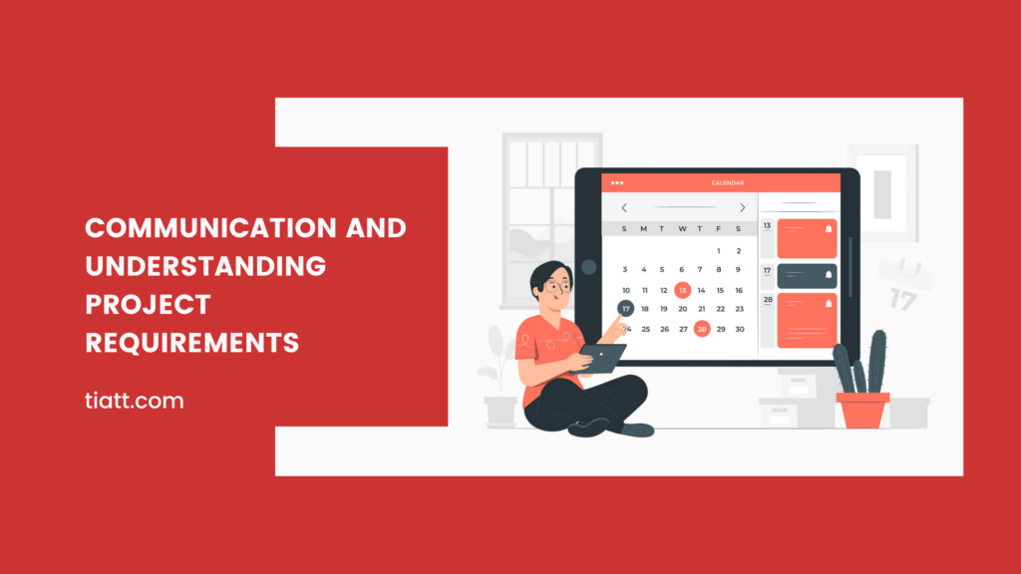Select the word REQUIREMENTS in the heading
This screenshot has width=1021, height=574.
click(192, 344)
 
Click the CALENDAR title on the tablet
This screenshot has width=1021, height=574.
click(727, 183)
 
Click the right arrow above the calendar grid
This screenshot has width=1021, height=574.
click(742, 208)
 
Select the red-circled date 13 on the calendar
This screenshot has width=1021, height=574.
click(682, 290)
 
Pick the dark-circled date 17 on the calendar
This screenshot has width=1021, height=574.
click(625, 309)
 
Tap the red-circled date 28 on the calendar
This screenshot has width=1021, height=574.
click(702, 329)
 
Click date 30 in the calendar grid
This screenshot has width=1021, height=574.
click(739, 329)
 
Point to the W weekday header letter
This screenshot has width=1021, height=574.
click(682, 229)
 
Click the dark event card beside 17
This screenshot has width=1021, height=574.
click(806, 275)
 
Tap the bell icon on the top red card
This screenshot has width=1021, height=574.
click(827, 229)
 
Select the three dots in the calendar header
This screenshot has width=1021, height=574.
click(617, 182)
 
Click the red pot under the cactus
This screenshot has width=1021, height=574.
click(862, 410)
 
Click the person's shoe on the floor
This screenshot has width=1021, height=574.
click(636, 430)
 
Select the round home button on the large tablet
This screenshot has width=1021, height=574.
click(588, 267)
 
